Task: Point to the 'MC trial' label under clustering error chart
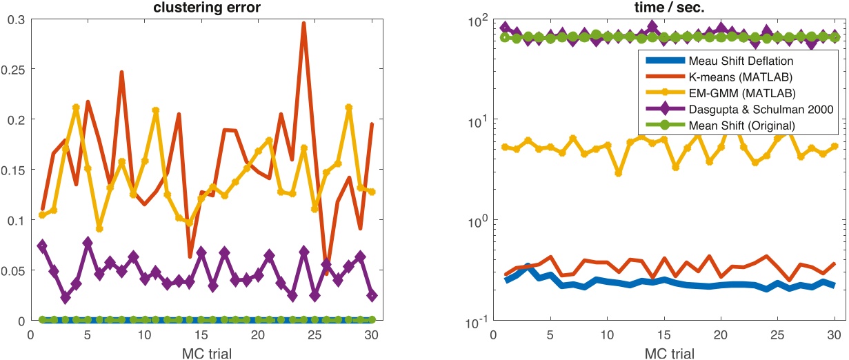point(201,352)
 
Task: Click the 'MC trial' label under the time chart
point(664,352)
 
